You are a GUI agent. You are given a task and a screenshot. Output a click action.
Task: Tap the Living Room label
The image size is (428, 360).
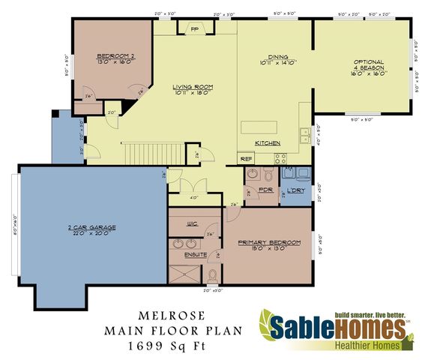point(193,86)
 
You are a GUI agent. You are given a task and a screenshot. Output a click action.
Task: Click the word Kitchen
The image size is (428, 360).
point(268,142)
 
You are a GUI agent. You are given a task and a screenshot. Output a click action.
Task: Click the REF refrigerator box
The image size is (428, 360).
point(246,159)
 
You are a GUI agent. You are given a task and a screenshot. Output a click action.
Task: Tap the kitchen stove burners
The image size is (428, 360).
point(280,158)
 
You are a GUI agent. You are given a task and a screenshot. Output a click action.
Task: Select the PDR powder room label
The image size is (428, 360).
point(265,190)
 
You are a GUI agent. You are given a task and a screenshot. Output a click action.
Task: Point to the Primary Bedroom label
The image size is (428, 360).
point(269,242)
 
